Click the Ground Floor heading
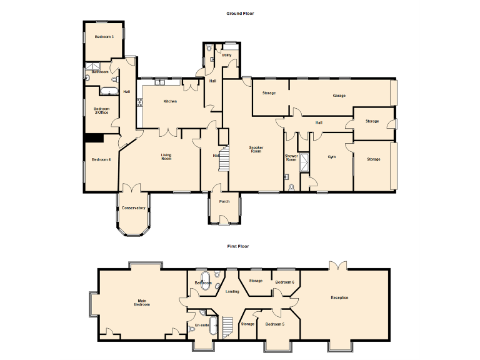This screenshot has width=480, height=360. (x=241, y=13)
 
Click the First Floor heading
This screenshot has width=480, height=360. (x=237, y=246)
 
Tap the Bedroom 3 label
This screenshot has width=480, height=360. (x=104, y=37)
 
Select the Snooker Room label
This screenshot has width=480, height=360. (x=256, y=149)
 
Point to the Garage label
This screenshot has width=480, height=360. (x=339, y=96)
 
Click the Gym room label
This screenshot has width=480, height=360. (x=332, y=157)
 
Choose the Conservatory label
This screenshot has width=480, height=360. (x=133, y=207)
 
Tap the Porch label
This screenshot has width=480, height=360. (x=224, y=201)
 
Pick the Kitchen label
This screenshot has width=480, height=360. (x=170, y=101)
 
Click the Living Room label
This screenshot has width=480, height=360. (x=166, y=157)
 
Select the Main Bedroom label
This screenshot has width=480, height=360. (x=142, y=302)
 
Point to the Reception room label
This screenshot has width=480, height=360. (x=339, y=297)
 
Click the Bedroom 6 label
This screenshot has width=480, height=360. (x=284, y=282)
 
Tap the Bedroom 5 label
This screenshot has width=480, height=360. (x=274, y=324)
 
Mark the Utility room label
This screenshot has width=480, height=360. (x=226, y=55)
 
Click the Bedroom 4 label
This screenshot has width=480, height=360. (x=101, y=159)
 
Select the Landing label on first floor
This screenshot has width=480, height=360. (x=232, y=291)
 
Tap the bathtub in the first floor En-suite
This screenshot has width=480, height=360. (x=213, y=326)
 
